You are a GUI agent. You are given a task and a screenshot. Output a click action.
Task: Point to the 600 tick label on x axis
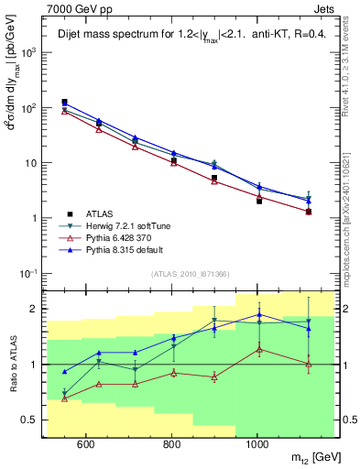86,444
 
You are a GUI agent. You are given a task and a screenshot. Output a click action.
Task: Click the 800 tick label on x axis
172,444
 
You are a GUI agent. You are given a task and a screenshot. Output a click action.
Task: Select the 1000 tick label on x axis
258,444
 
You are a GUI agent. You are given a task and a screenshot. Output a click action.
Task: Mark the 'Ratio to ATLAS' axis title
13,365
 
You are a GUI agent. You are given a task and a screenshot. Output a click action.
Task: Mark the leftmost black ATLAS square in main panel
64,103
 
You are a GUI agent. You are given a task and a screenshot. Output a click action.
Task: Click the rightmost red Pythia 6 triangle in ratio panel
309,365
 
